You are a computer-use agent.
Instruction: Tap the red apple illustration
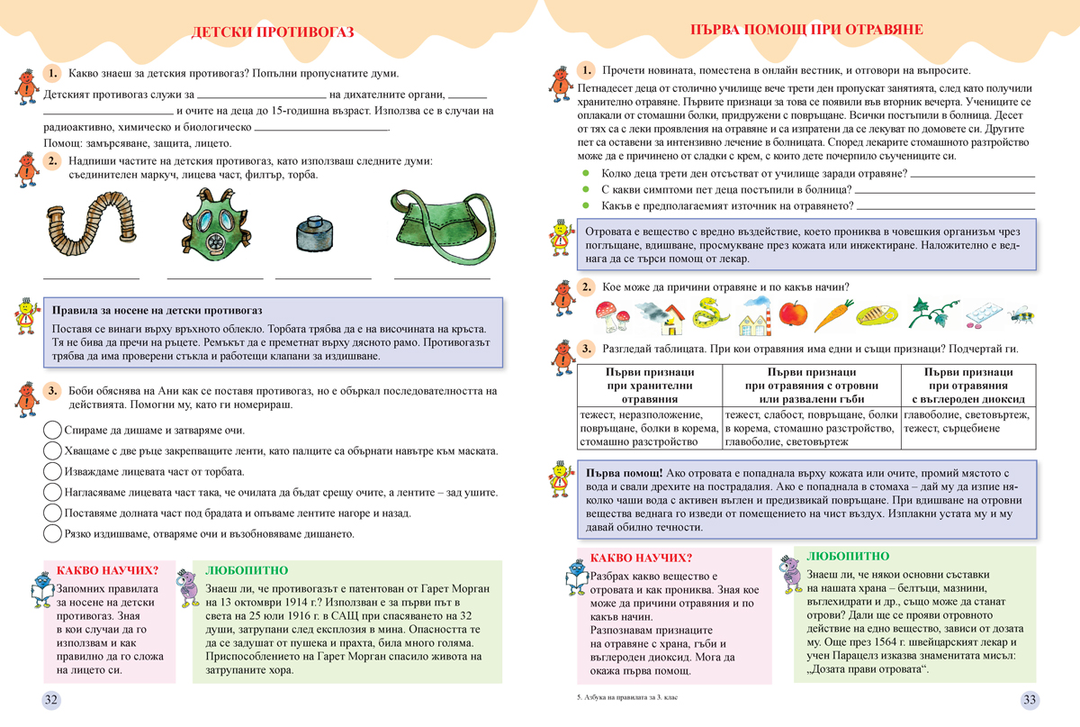793,315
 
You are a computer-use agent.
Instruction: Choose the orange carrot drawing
832,315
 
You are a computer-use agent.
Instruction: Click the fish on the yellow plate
877,316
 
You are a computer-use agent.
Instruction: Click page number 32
51,700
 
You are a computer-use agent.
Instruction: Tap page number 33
1030,700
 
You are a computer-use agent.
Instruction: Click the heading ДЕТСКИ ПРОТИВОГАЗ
273,33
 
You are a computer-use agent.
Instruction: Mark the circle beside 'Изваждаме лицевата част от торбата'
52,471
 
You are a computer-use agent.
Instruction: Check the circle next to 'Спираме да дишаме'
52,431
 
